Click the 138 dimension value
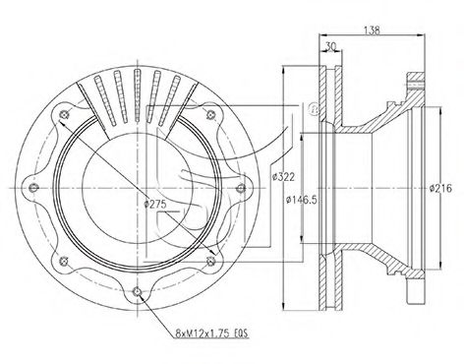tap(372, 30)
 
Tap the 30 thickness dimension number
tap(331, 47)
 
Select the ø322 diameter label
tap(284, 177)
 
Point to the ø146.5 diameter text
tap(302, 200)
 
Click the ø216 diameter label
tap(440, 188)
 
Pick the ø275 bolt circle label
tap(155, 204)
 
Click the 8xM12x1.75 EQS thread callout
tap(212, 334)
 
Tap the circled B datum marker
tap(314, 108)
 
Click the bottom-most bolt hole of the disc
tap(137, 291)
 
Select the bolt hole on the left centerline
tap(33, 188)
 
